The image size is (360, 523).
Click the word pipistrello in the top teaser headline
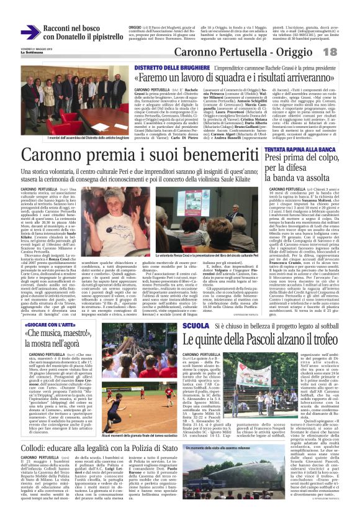(x=101, y=37)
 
